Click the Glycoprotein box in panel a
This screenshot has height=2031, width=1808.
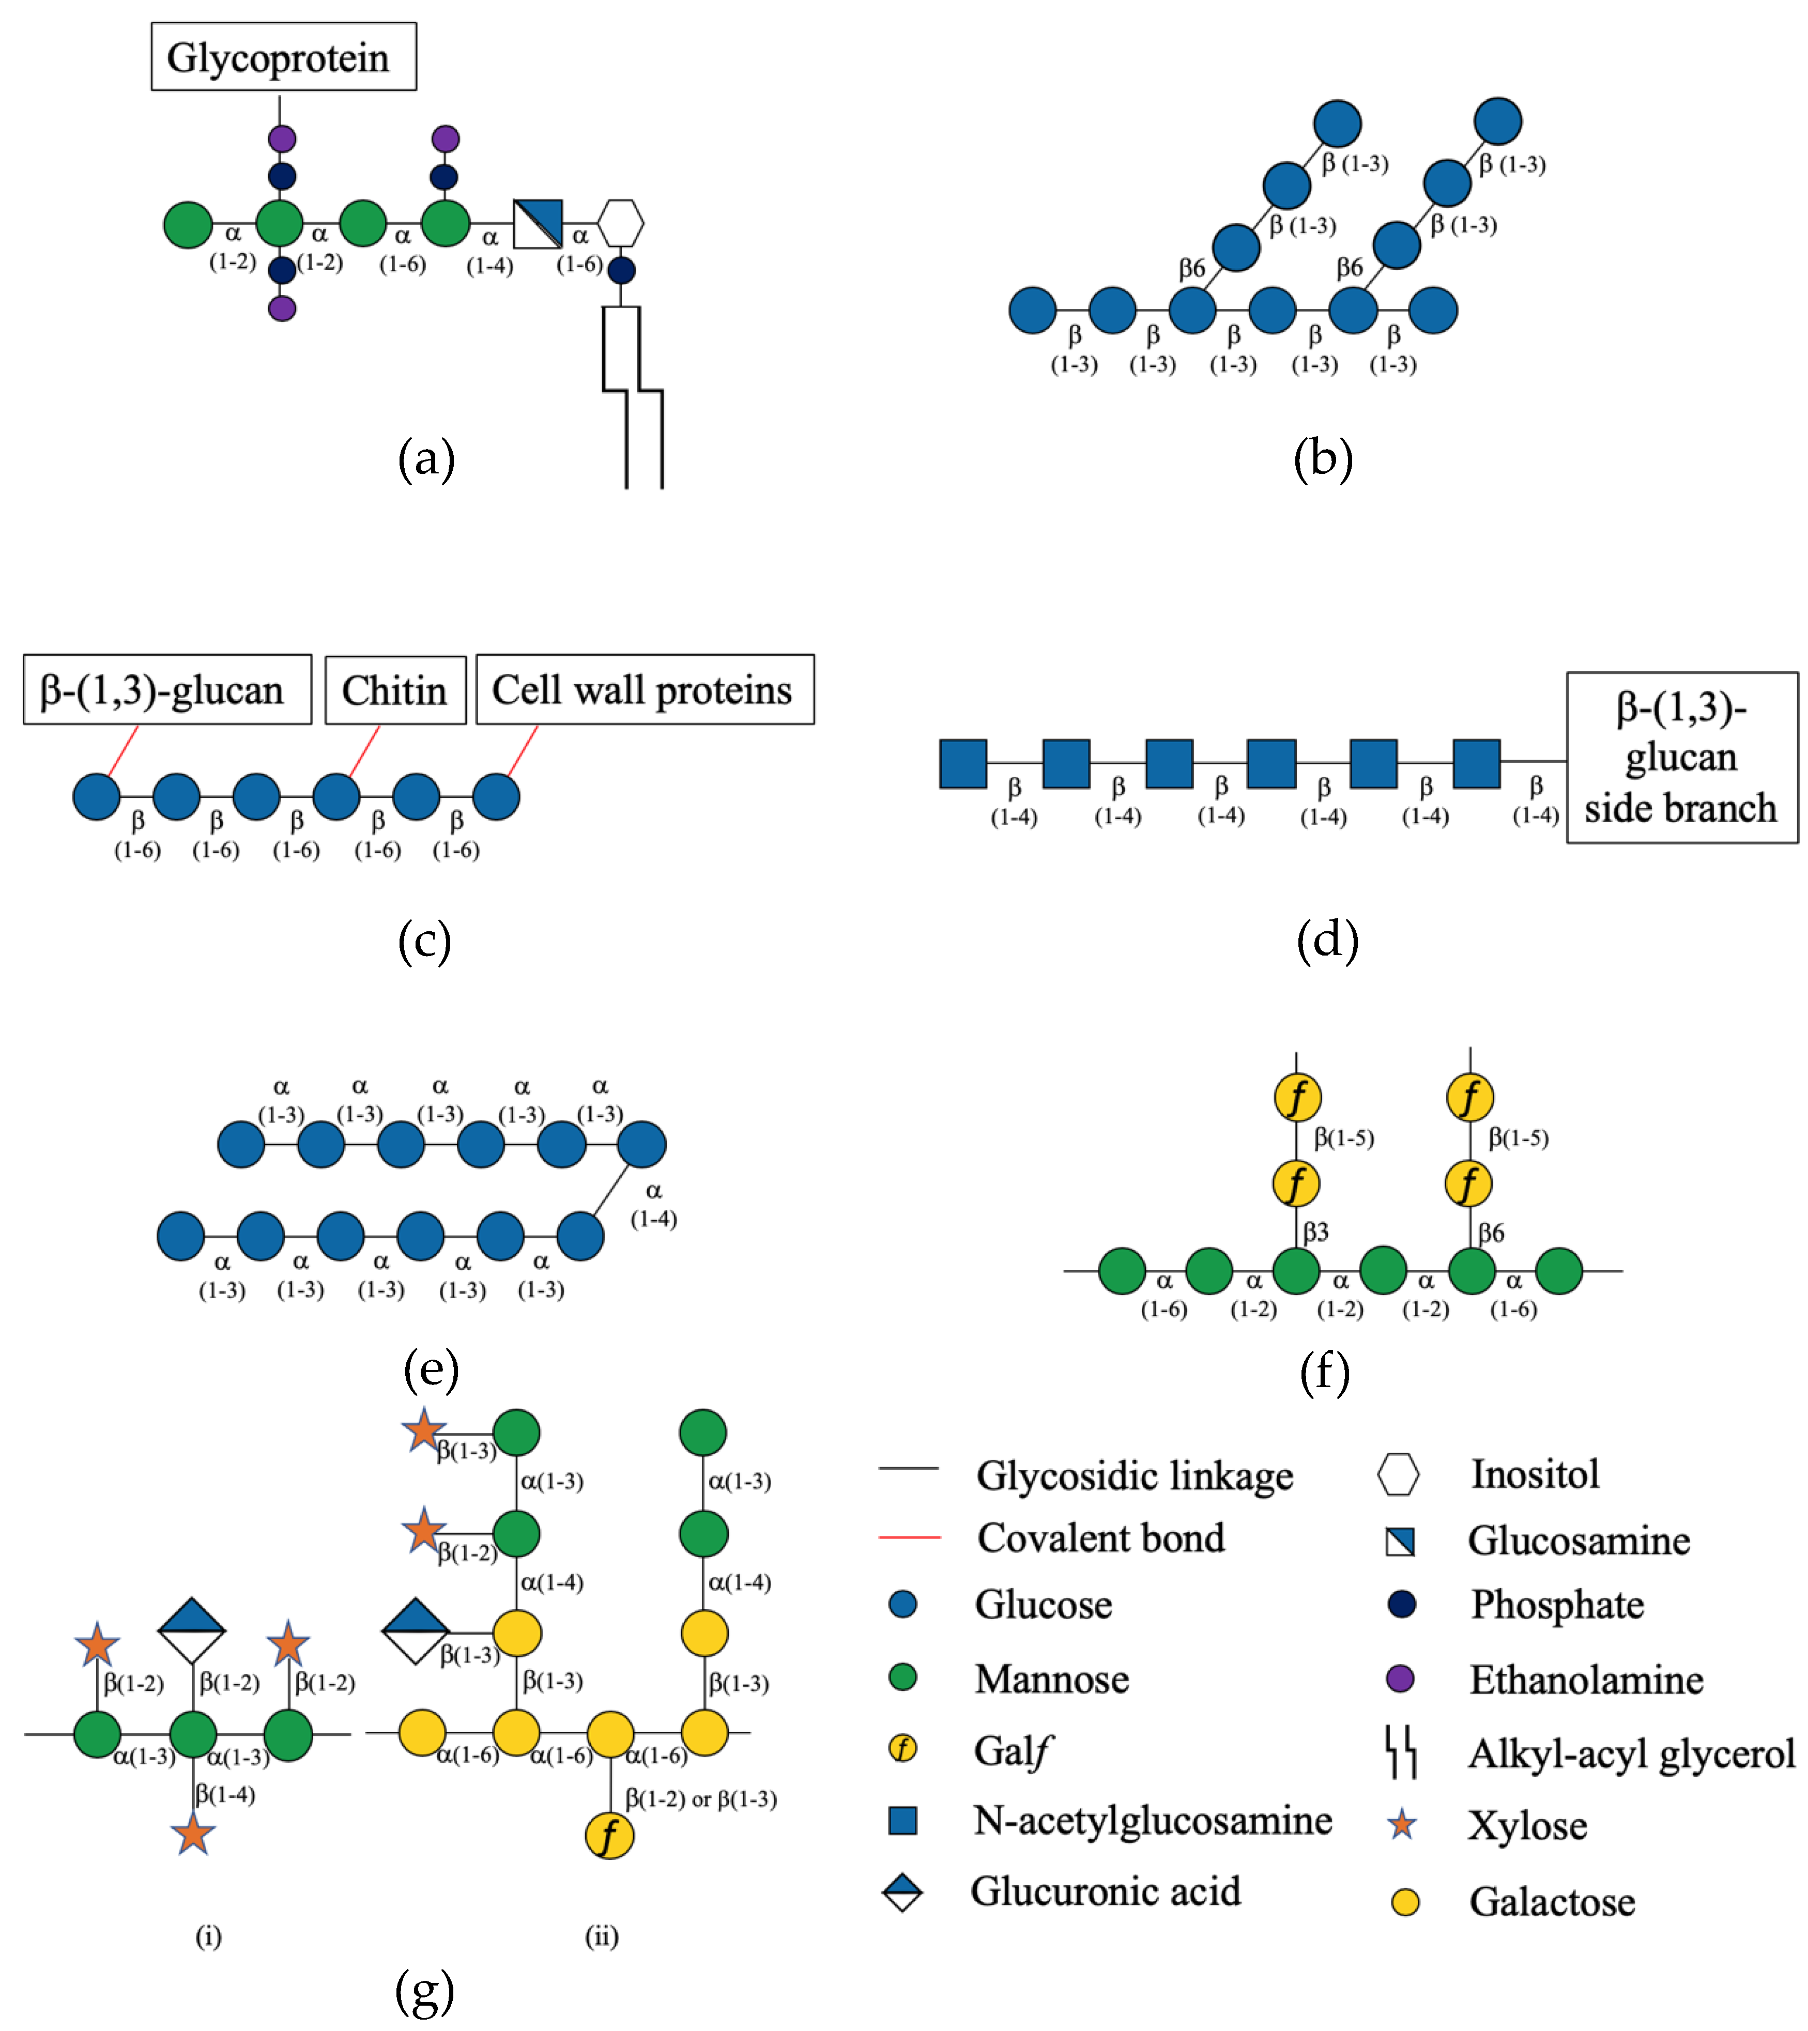coord(283,57)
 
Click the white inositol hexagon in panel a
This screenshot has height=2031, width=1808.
coord(620,224)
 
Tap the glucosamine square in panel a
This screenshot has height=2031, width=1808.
coord(538,224)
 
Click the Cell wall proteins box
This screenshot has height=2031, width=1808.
coord(644,689)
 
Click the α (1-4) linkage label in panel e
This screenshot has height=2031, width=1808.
coord(653,1204)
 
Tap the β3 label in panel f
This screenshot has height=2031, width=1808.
coord(1316,1232)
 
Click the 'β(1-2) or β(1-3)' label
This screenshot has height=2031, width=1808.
coord(701,1798)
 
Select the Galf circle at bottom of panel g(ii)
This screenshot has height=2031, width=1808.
coord(609,1835)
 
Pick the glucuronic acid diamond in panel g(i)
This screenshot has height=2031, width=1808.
coord(192,1630)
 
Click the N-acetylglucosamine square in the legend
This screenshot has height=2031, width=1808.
coord(902,1820)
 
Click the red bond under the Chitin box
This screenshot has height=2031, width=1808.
coord(364,751)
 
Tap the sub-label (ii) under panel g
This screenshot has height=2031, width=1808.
coord(601,1935)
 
